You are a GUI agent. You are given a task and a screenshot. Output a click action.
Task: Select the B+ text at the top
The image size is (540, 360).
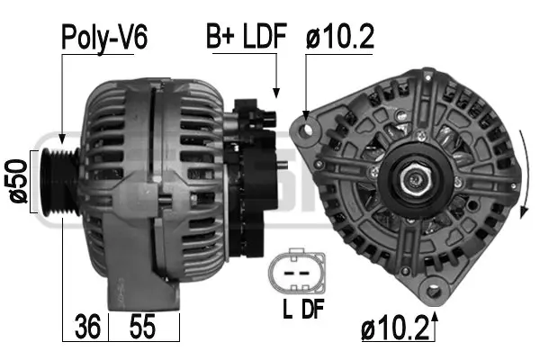pos(220,37)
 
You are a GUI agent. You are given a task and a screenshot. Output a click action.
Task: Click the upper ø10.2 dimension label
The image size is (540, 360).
pos(339,37)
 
